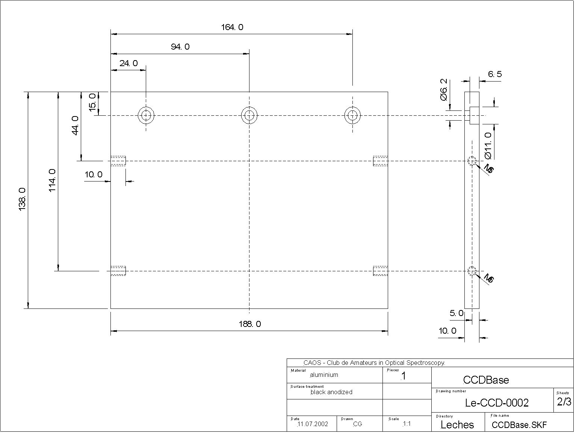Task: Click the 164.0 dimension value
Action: (x=232, y=27)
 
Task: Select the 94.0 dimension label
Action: (x=180, y=47)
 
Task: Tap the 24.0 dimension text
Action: (x=128, y=63)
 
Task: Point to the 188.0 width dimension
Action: (x=249, y=324)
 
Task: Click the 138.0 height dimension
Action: (x=22, y=200)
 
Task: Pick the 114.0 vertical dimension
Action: (x=52, y=180)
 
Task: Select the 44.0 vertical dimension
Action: (x=75, y=125)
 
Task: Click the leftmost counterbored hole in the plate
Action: (x=146, y=115)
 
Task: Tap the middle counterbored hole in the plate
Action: (x=249, y=115)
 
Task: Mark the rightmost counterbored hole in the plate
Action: (x=352, y=115)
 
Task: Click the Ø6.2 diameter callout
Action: (x=444, y=89)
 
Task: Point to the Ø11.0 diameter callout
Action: (x=488, y=145)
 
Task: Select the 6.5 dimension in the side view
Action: (x=495, y=74)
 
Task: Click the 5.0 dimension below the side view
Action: (x=457, y=313)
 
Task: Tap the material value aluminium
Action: (x=324, y=375)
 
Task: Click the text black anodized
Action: (x=331, y=392)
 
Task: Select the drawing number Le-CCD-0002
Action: (x=497, y=403)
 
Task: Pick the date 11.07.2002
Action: (x=313, y=424)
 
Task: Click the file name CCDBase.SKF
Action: (x=519, y=425)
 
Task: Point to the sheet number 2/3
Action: (x=564, y=402)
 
